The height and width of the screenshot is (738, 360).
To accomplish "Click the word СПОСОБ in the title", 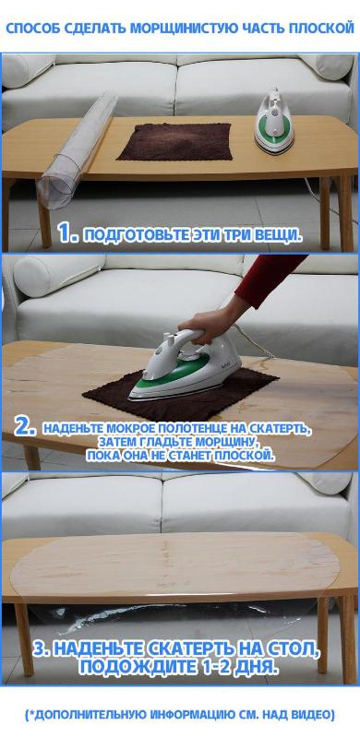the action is pos(26,28).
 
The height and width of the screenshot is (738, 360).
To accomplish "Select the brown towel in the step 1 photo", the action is pos(174,141).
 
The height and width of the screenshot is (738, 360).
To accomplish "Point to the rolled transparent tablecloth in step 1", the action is pos(78,150).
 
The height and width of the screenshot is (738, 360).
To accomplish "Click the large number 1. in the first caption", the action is pos(68,233).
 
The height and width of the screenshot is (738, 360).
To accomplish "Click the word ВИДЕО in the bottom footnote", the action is pos(316,714).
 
